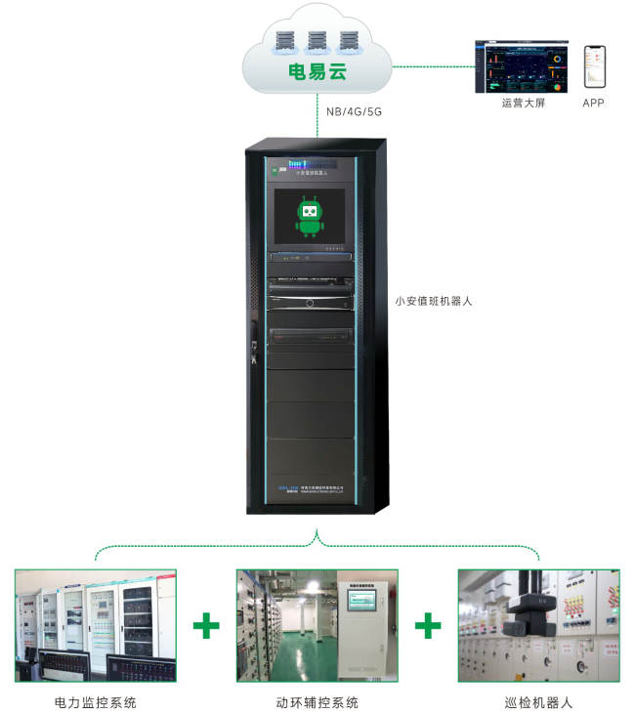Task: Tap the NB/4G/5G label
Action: click(353, 111)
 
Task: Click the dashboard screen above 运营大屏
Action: click(522, 66)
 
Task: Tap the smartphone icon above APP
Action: click(593, 66)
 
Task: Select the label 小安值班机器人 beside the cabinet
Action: click(434, 302)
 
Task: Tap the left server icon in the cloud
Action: click(287, 41)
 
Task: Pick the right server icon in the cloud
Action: click(349, 41)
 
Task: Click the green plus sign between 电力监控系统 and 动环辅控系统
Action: click(206, 625)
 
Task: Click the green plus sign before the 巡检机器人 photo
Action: click(428, 625)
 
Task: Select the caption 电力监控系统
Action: click(96, 702)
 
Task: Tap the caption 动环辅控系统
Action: click(318, 702)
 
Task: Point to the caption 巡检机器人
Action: click(538, 702)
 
